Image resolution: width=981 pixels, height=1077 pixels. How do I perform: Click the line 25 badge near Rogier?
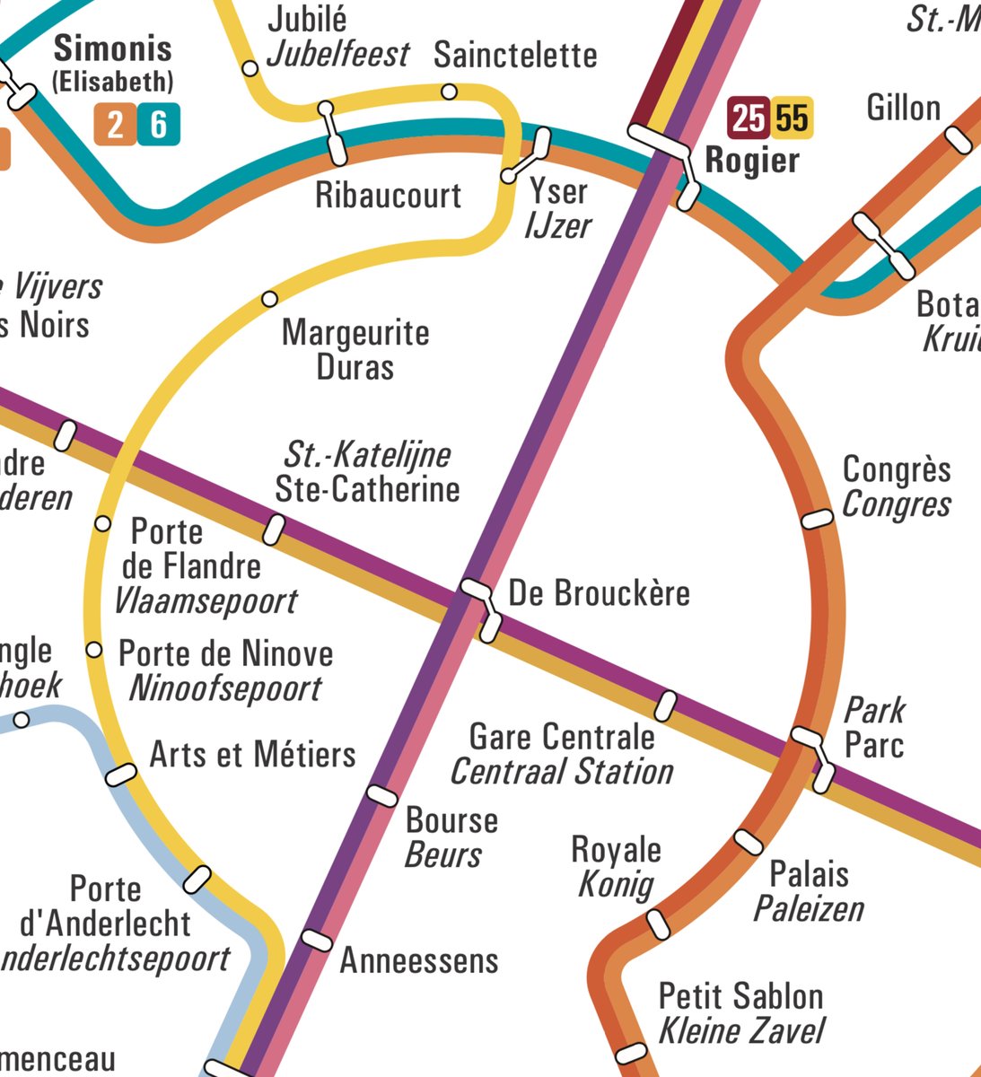(748, 118)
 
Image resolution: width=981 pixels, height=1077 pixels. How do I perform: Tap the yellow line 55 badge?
(793, 118)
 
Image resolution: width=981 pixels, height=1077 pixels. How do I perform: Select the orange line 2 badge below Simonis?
(114, 125)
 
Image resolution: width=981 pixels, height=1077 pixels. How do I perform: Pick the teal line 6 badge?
(159, 125)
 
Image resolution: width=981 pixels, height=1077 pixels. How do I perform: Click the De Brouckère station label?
(599, 593)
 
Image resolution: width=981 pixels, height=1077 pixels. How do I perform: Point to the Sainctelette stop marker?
(450, 92)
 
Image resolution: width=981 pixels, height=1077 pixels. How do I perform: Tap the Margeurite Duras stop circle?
(269, 298)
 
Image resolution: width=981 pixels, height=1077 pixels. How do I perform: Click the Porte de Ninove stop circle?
(93, 649)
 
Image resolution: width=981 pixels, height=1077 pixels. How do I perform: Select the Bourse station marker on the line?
(382, 795)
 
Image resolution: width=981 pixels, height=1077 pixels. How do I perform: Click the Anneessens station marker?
(316, 940)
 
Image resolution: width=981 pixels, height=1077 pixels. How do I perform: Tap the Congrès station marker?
(817, 519)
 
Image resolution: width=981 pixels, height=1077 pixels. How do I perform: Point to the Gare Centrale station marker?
(665, 705)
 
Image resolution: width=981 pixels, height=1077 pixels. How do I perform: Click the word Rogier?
(752, 161)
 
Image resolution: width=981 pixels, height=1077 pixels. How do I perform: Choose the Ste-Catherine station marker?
(274, 530)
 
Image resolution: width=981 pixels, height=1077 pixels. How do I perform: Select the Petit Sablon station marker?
(630, 1052)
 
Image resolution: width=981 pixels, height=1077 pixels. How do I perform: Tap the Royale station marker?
(659, 924)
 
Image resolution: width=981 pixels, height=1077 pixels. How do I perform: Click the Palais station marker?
(749, 841)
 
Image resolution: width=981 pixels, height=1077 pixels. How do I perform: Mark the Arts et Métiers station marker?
(121, 774)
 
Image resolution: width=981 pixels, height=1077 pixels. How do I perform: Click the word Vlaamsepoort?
(206, 601)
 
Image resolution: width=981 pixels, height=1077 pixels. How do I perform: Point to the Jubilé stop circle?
(251, 67)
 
